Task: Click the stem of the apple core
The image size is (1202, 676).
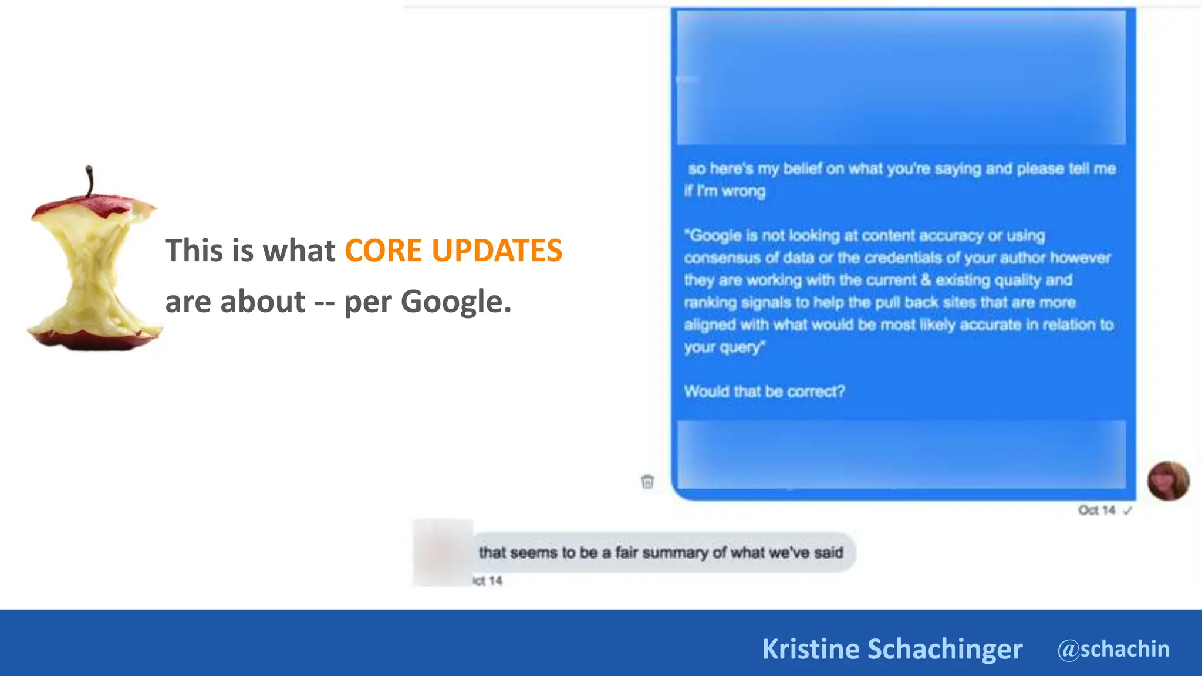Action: [x=89, y=181]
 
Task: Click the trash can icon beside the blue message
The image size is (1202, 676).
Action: [x=647, y=482]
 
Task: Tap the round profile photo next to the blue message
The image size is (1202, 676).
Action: [x=1168, y=481]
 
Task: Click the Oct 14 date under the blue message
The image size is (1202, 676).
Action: [x=1096, y=511]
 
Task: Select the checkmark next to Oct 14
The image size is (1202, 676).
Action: [x=1127, y=511]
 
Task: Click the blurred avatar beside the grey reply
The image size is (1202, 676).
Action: [x=443, y=552]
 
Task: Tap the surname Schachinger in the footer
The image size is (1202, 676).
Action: [x=945, y=649]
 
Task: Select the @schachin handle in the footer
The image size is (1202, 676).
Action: [x=1113, y=649]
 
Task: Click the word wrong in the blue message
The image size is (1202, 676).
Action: [x=744, y=191]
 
